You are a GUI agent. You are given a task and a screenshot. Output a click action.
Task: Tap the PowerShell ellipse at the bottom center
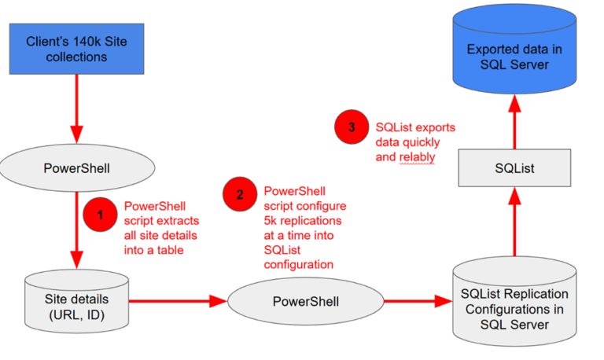click(x=305, y=301)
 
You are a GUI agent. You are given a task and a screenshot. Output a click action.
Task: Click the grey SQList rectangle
click(x=514, y=167)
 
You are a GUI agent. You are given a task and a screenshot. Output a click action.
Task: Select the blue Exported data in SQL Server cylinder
click(x=514, y=52)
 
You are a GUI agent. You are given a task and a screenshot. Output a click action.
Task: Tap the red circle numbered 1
click(x=101, y=215)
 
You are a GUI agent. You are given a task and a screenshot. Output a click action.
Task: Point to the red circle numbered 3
click(x=352, y=127)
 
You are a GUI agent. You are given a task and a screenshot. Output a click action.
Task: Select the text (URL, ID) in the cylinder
click(x=77, y=314)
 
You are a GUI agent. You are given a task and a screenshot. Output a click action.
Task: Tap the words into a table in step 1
click(x=156, y=250)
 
